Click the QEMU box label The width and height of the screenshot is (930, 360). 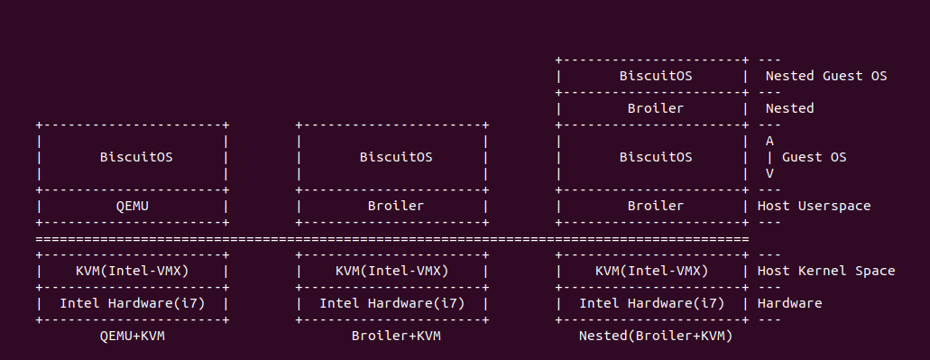[x=132, y=206]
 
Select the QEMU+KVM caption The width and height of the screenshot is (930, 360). [x=132, y=336]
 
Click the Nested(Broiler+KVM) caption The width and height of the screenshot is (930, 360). [x=656, y=336]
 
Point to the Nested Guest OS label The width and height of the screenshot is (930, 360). [x=826, y=76]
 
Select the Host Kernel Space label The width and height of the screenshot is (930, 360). [x=826, y=271]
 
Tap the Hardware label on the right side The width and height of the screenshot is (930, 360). [x=790, y=303]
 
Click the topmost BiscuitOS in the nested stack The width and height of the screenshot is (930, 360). [x=656, y=76]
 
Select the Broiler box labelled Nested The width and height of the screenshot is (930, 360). [x=656, y=108]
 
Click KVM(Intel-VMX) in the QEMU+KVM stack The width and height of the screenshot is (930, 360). [x=132, y=271]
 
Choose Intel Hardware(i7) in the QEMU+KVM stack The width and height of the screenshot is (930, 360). [x=132, y=303]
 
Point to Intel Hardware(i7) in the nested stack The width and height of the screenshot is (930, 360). [x=651, y=303]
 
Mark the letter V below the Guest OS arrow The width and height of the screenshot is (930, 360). [x=769, y=173]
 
